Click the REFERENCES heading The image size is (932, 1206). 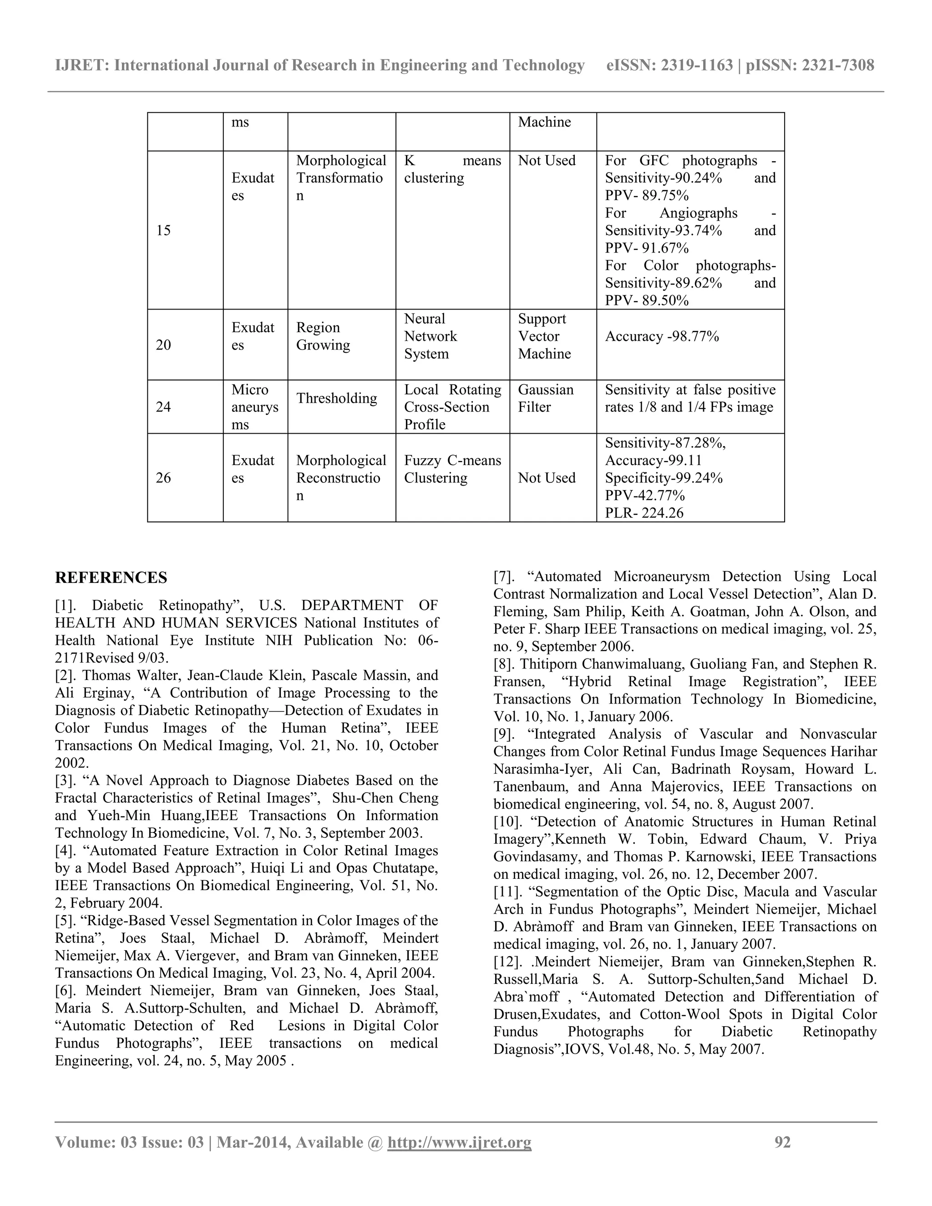click(111, 578)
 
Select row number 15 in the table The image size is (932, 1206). click(163, 230)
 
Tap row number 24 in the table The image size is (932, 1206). click(163, 407)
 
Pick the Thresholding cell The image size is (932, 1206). click(336, 398)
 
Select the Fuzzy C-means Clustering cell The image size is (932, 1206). click(452, 469)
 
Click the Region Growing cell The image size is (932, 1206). click(323, 336)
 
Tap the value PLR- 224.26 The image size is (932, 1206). click(644, 513)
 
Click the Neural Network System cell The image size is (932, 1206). click(431, 336)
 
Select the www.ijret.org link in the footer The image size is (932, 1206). click(459, 1142)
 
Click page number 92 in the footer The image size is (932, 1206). click(783, 1142)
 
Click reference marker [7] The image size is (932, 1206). click(504, 577)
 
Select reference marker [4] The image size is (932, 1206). click(66, 851)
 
